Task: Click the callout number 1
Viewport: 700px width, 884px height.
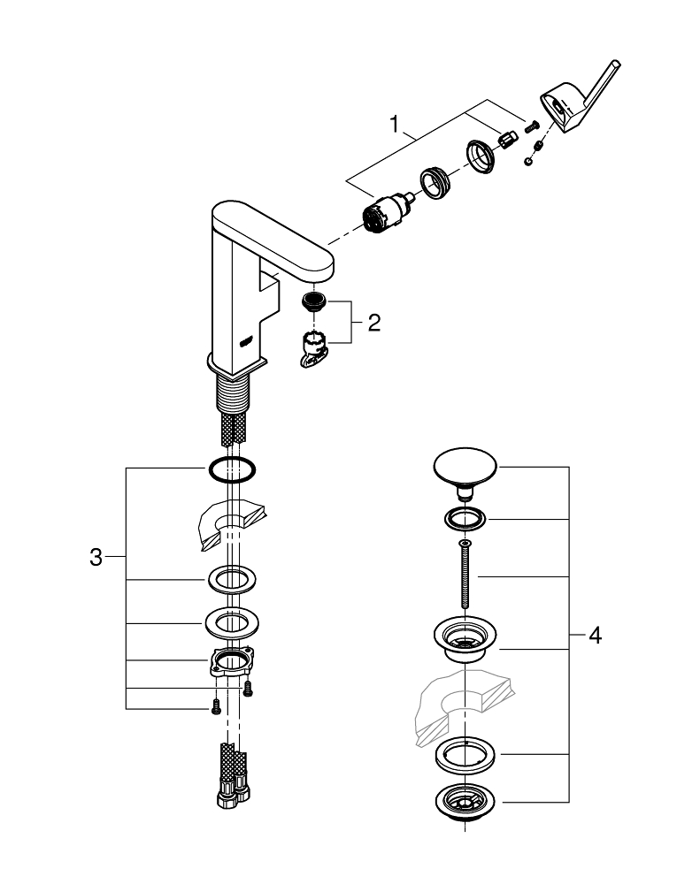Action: pyautogui.click(x=395, y=123)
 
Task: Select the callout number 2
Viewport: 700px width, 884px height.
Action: pyautogui.click(x=373, y=323)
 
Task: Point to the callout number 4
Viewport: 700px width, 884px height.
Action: pyautogui.click(x=596, y=636)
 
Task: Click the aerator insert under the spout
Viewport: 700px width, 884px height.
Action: pyautogui.click(x=314, y=301)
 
